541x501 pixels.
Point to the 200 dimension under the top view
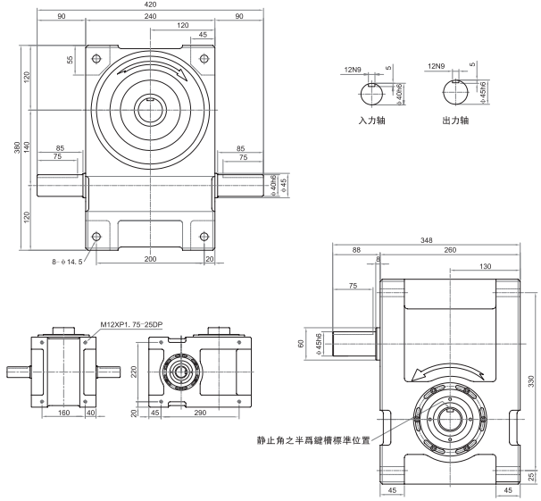(150, 258)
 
